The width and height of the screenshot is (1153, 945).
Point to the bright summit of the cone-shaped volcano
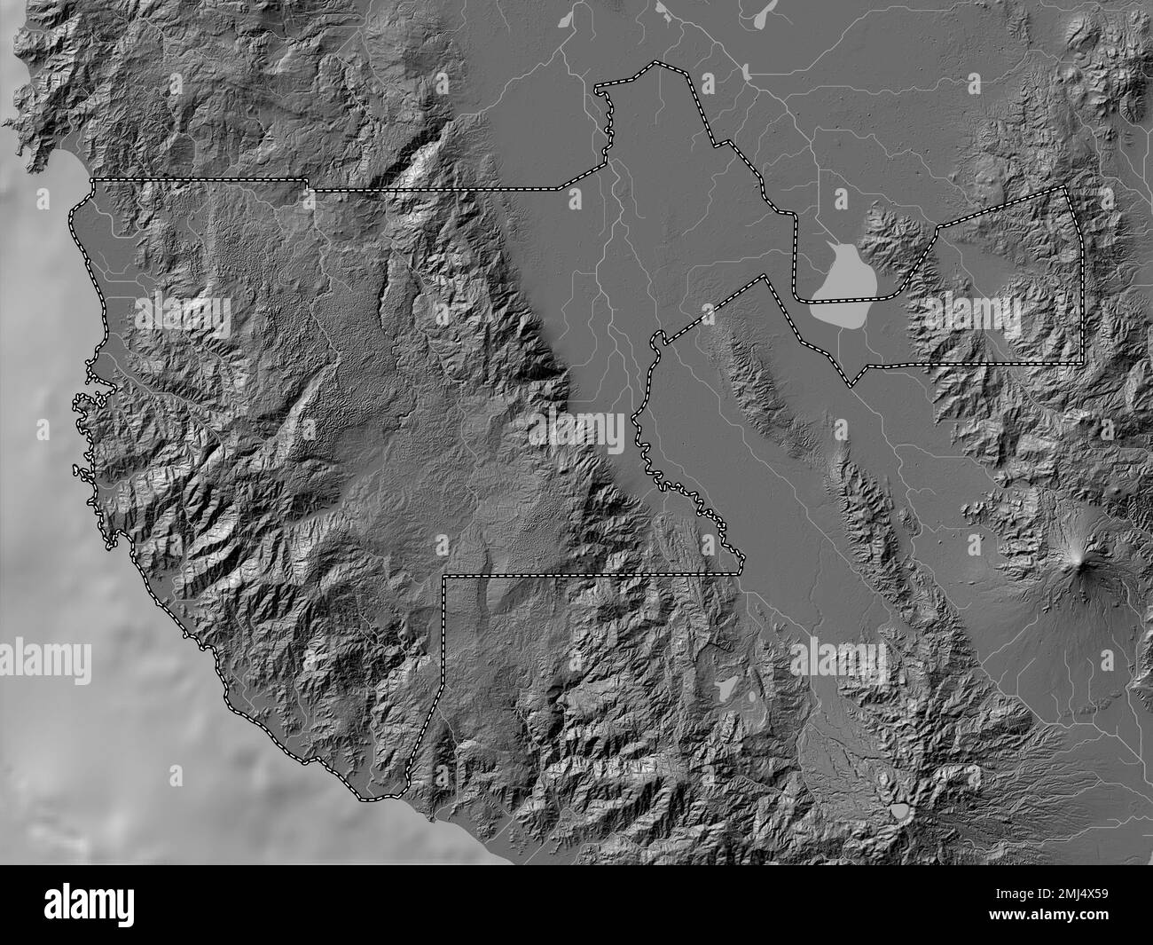click(1078, 556)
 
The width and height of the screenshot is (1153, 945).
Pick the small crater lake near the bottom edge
click(899, 809)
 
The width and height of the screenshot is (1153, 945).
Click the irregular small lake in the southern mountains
click(726, 686)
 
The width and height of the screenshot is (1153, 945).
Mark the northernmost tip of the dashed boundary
click(655, 63)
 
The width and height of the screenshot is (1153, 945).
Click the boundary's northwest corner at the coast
click(93, 180)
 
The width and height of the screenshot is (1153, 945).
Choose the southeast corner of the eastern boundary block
click(1082, 363)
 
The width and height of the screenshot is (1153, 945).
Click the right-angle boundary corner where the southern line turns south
click(443, 576)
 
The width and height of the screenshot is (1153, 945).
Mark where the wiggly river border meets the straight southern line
click(743, 573)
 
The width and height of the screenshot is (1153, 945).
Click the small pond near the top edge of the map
click(748, 69)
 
